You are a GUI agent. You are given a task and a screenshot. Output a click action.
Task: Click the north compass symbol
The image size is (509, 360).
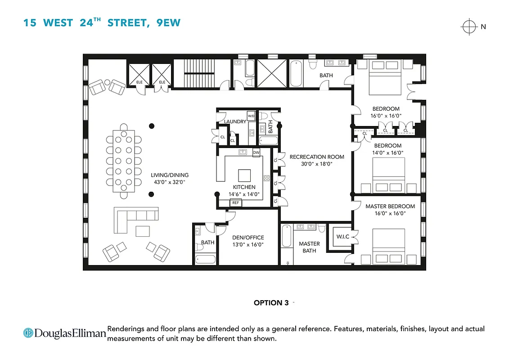(x=469, y=39)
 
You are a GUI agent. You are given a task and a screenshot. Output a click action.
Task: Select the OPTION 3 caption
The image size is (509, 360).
(x=271, y=303)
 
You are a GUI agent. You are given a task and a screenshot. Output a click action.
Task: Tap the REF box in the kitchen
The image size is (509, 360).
(x=235, y=203)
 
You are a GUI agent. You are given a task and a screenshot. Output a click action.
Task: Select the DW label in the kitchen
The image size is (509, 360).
(x=256, y=153)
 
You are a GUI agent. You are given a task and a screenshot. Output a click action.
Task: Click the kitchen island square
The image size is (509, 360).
(x=245, y=175)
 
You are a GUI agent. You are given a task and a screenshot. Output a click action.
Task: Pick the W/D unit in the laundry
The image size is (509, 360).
(x=251, y=117)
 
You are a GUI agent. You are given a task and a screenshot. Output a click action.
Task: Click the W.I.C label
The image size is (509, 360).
(x=343, y=237)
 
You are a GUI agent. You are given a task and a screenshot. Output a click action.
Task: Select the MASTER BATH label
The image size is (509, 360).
(x=309, y=247)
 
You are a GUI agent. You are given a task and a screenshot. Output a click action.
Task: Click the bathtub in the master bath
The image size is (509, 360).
(x=286, y=237)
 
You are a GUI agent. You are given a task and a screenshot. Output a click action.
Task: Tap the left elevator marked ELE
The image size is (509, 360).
(x=139, y=75)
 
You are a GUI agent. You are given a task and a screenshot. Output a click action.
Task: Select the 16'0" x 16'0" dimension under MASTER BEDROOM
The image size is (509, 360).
(x=390, y=214)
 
